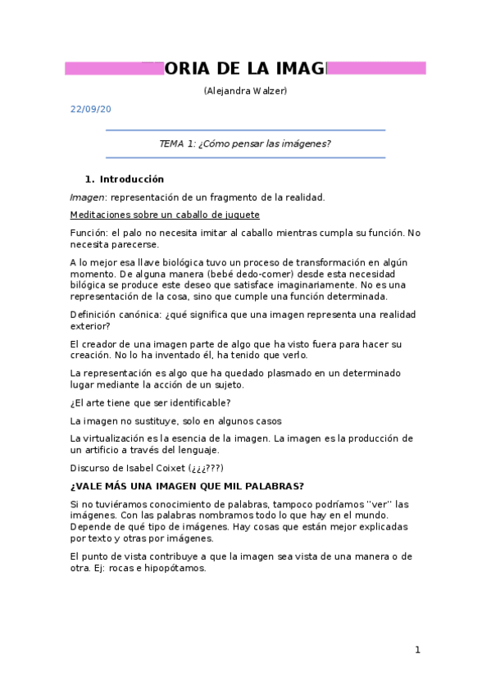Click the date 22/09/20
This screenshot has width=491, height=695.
click(90, 109)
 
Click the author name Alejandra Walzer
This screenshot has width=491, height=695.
click(245, 90)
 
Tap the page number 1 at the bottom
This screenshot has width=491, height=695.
click(417, 650)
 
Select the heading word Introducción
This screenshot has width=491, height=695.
click(132, 179)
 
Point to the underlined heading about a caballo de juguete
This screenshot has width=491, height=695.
click(165, 215)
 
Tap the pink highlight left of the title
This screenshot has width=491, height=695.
click(113, 68)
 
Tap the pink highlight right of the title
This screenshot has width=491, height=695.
click(376, 68)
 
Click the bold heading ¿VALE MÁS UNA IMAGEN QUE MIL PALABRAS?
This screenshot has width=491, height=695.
click(188, 486)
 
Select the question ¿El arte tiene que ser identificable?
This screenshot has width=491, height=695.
click(150, 402)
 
